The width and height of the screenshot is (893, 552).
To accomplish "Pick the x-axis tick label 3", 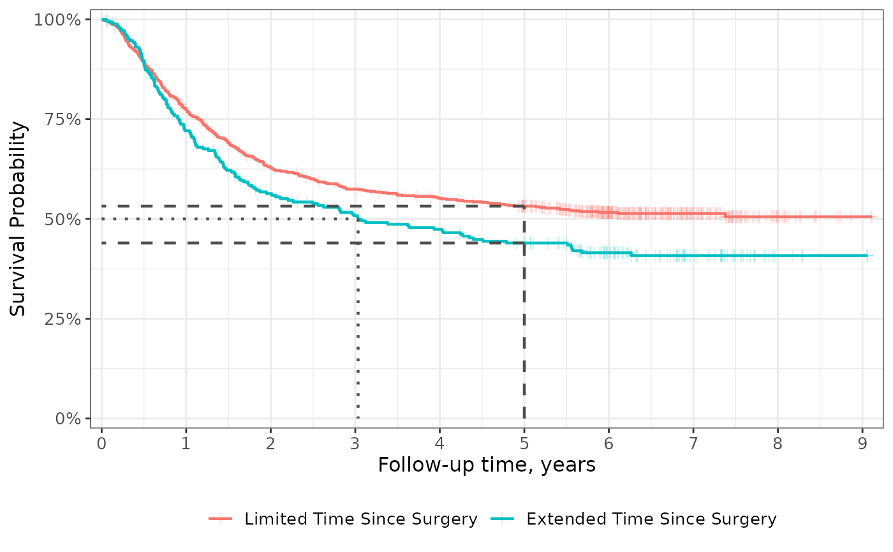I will point(355,443).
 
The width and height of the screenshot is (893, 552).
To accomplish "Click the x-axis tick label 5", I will point(524,443).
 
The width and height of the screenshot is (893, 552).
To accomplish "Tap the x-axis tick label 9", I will point(862,443).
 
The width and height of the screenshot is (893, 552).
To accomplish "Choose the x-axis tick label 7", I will point(693,443).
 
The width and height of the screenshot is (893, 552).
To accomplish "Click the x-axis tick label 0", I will point(101,443).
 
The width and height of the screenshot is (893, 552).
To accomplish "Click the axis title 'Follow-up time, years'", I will point(486,465).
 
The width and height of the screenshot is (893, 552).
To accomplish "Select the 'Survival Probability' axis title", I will point(19,219).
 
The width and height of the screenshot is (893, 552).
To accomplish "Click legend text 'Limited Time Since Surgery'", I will point(360,519).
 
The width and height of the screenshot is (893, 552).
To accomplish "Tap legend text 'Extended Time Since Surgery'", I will point(651,519).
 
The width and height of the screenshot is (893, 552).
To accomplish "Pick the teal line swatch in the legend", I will point(505,519).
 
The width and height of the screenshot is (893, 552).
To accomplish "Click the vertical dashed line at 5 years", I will point(524,319).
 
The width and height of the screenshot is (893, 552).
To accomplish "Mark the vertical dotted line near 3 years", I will point(358,319).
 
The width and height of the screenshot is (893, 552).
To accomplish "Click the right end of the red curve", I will point(871,217).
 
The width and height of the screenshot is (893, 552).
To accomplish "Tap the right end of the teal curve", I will point(867,256).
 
